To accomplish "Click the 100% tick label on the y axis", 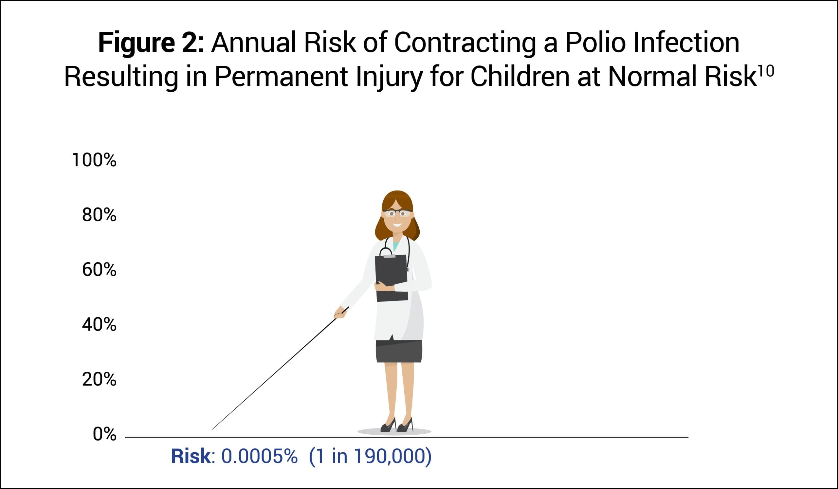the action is [94, 160].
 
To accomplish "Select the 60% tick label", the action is [99, 270].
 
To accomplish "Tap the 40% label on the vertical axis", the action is [99, 324].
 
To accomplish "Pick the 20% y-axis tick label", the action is [99, 379].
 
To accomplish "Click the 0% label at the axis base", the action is [104, 434].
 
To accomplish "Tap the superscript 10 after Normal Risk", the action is [766, 71].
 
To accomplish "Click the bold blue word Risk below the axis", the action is [191, 456].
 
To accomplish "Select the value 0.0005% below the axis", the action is [259, 456].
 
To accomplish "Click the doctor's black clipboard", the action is [392, 278].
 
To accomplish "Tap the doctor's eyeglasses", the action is [397, 213].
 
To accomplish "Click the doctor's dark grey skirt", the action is [399, 351].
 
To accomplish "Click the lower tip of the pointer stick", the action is [212, 429].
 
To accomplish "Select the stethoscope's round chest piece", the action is [407, 270].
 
